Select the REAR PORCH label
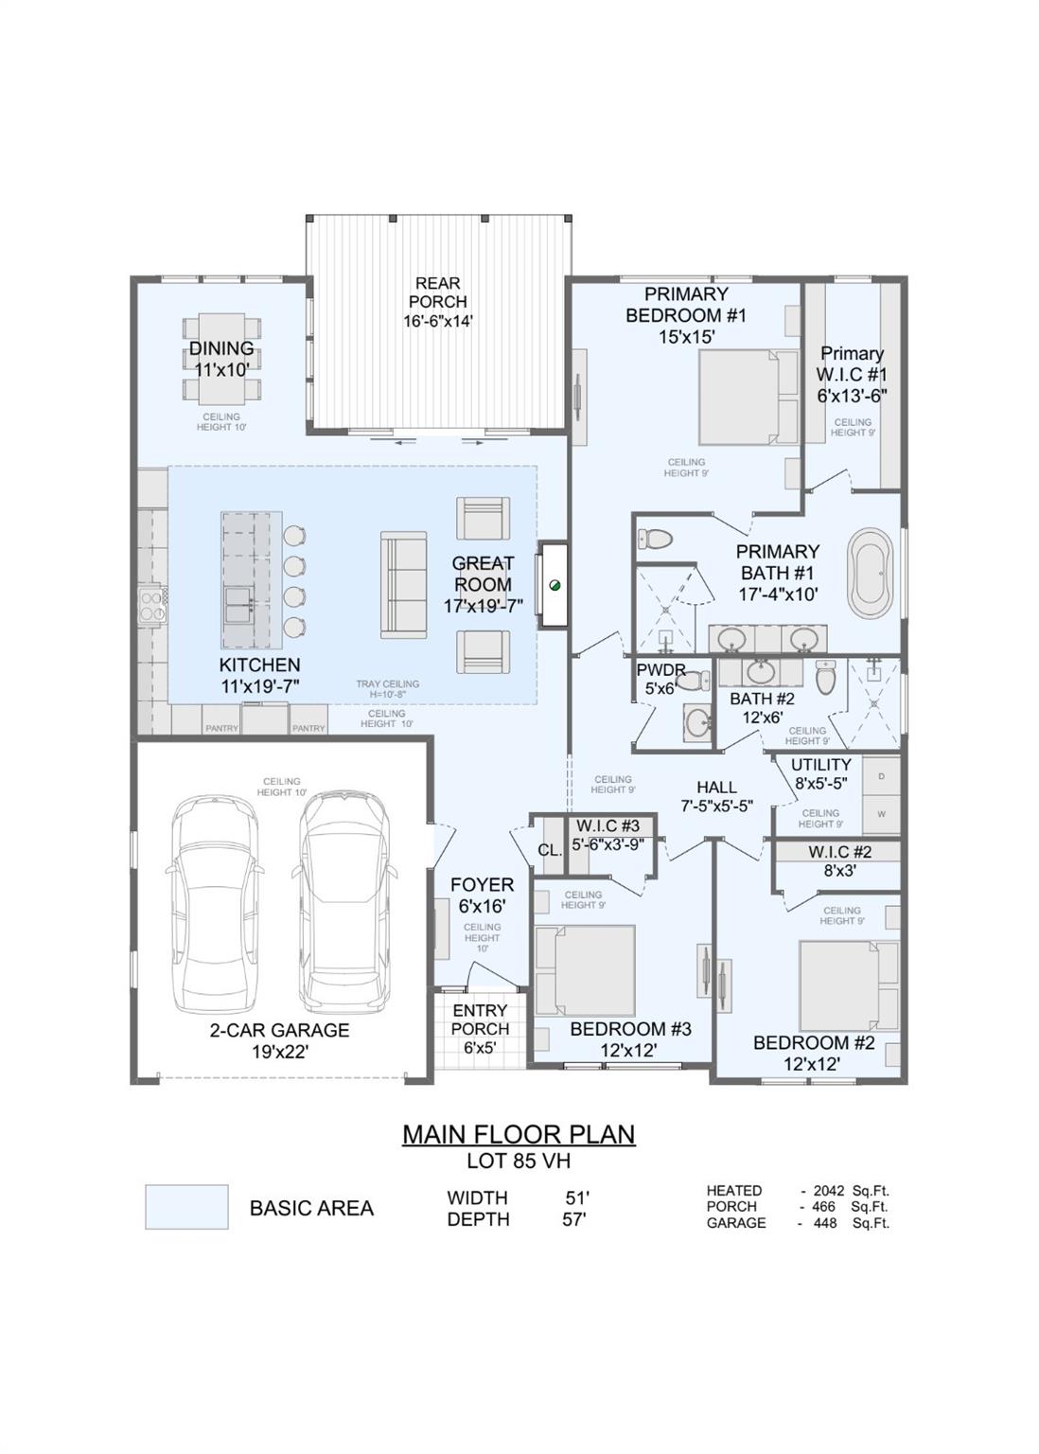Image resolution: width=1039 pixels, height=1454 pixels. (x=437, y=293)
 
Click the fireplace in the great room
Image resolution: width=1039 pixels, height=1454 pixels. (x=554, y=584)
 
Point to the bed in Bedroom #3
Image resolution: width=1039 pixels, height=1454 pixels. (x=586, y=970)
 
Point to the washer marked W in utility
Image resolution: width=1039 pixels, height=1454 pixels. (x=881, y=814)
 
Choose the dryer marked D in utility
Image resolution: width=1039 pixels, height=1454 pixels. (x=881, y=776)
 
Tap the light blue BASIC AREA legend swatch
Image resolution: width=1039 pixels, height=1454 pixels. (x=186, y=1207)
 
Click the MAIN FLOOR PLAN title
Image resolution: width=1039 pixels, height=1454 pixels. (x=519, y=1134)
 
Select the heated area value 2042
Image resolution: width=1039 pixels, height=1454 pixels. (x=829, y=1191)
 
